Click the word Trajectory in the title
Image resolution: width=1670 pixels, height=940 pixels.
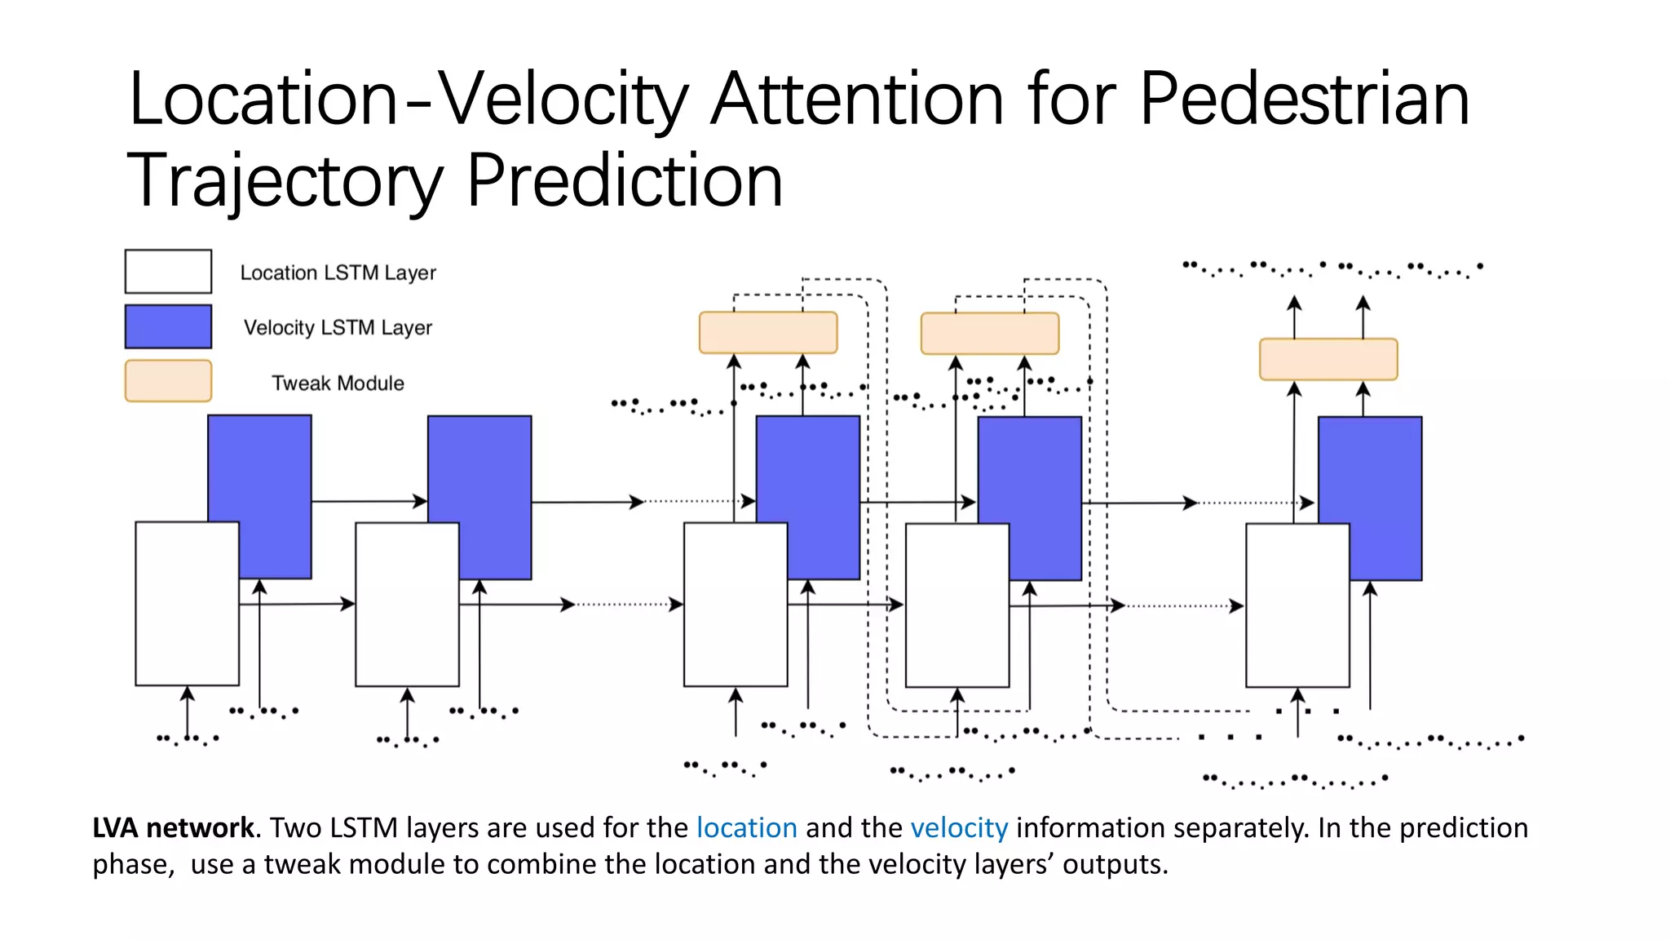point(285,181)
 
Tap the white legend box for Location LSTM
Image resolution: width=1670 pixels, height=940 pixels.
point(168,272)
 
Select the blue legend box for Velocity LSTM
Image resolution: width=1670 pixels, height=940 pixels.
point(168,326)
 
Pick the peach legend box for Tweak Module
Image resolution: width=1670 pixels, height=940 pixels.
point(168,381)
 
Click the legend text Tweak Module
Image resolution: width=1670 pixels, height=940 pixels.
point(338,383)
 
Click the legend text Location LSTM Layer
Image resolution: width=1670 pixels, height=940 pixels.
point(338,273)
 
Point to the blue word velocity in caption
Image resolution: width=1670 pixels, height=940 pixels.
point(959,827)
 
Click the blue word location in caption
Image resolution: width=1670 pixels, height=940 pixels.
point(746,827)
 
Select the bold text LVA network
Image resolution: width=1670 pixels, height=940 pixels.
point(173,827)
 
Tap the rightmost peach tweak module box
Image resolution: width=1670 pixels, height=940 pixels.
point(1328,359)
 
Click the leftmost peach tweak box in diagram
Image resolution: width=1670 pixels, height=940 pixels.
point(768,332)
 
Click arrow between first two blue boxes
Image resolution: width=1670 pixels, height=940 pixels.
point(369,501)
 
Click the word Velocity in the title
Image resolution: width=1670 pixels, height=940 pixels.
point(563,100)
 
